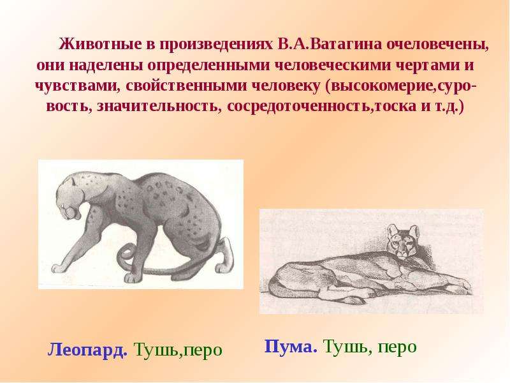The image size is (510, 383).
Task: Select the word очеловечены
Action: coord(438,44)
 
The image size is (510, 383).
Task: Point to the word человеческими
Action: coord(333,66)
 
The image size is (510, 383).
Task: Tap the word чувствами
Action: coord(75,86)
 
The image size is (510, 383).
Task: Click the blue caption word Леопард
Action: coord(87,350)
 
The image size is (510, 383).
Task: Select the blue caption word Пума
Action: coord(291,347)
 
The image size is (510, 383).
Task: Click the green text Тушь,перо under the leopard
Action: coord(178,350)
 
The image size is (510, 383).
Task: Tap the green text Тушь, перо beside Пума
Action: coord(370,347)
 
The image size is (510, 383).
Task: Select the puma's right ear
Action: coord(414,230)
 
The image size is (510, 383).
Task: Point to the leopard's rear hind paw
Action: coord(226,266)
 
